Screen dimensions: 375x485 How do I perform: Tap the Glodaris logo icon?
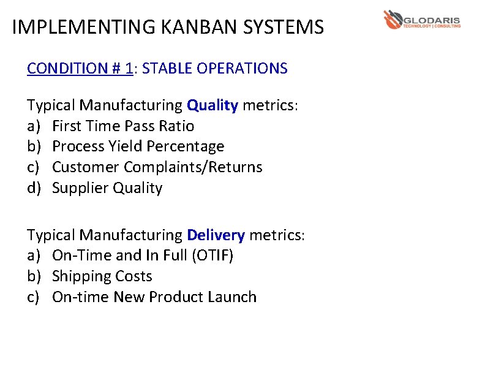[392, 20]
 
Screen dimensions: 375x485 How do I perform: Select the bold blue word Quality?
[212, 105]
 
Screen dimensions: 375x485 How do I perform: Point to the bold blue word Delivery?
[216, 235]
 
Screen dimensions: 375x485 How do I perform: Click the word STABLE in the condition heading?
[167, 68]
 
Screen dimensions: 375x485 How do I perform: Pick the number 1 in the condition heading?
[129, 68]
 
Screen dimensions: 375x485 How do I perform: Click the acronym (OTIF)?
[212, 256]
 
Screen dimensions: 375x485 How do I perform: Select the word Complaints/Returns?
[193, 167]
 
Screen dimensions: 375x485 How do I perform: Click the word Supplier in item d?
[80, 188]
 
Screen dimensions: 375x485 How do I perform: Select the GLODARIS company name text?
[432, 20]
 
